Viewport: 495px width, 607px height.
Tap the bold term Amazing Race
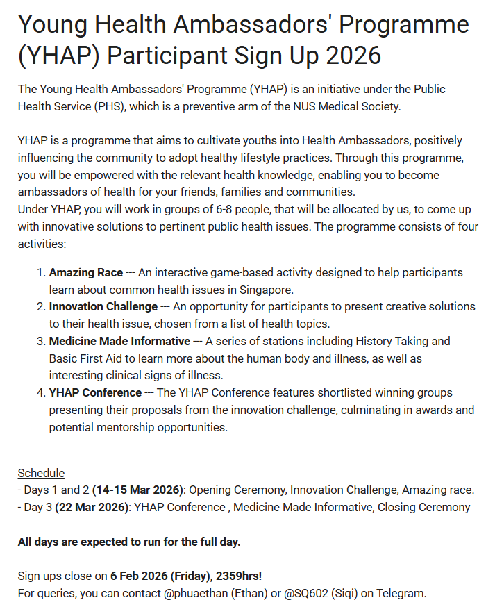(85, 272)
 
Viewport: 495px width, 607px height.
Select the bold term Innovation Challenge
(103, 306)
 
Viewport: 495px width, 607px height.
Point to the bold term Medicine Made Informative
(119, 341)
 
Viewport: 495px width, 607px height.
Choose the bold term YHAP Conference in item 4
(95, 392)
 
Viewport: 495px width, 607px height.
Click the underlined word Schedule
(41, 473)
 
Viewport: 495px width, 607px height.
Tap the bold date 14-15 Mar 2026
(137, 490)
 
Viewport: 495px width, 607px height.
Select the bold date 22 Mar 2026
(93, 507)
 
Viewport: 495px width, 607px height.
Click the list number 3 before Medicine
(40, 341)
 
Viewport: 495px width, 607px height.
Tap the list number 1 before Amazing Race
(40, 272)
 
